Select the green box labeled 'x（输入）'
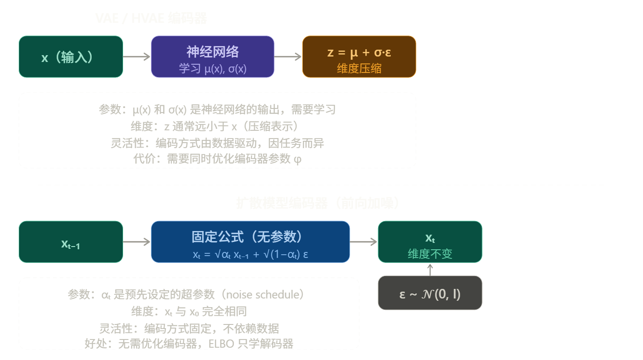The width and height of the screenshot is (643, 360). (x=71, y=57)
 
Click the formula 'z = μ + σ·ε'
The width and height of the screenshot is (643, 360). (x=359, y=52)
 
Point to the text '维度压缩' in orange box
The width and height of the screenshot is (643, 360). (x=359, y=68)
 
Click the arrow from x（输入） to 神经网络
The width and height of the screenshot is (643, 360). (x=137, y=57)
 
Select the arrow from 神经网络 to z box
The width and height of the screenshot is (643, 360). (x=288, y=57)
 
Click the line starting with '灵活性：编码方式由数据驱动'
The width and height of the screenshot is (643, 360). (x=217, y=143)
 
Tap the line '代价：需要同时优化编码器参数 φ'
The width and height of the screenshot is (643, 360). (x=217, y=159)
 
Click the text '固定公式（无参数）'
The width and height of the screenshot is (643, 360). (x=250, y=237)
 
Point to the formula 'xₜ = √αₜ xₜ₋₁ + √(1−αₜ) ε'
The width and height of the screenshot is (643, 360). (x=250, y=254)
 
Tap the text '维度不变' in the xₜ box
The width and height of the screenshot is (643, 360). (x=430, y=253)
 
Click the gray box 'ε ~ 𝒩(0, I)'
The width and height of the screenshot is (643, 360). (x=430, y=294)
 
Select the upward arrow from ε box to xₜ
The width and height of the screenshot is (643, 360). (x=430, y=269)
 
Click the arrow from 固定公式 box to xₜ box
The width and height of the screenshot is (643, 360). (x=363, y=242)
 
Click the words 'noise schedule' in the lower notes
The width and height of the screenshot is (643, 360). (x=270, y=294)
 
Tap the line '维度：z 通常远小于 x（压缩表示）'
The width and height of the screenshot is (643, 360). (x=217, y=127)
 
